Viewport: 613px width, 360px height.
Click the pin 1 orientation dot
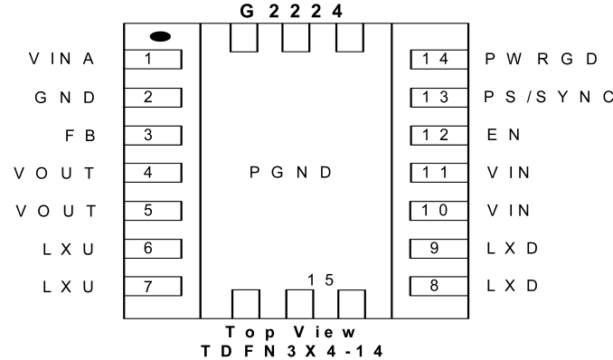point(160,36)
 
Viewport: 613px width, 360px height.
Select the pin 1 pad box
point(153,60)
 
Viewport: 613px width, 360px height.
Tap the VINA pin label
point(61,59)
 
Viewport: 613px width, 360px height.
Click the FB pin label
point(80,136)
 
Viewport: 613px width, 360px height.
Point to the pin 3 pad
point(153,136)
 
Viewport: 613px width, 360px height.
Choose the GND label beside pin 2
point(65,98)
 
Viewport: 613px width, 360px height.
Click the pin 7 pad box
point(153,287)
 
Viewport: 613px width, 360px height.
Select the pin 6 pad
point(153,249)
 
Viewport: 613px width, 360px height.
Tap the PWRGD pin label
point(542,59)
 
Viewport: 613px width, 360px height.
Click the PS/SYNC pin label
point(548,97)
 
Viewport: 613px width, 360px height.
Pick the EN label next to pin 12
point(504,135)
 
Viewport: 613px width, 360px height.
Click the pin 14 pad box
point(439,60)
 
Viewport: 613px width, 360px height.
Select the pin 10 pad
point(439,211)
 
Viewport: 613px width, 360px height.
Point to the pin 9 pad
point(439,249)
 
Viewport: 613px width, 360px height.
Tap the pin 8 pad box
point(439,286)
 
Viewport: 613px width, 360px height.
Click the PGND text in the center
point(291,172)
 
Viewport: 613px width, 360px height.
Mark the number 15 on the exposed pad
point(321,280)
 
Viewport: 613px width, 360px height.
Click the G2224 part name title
point(291,12)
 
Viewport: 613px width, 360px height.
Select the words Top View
point(290,332)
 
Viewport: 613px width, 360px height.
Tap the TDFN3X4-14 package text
point(292,351)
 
